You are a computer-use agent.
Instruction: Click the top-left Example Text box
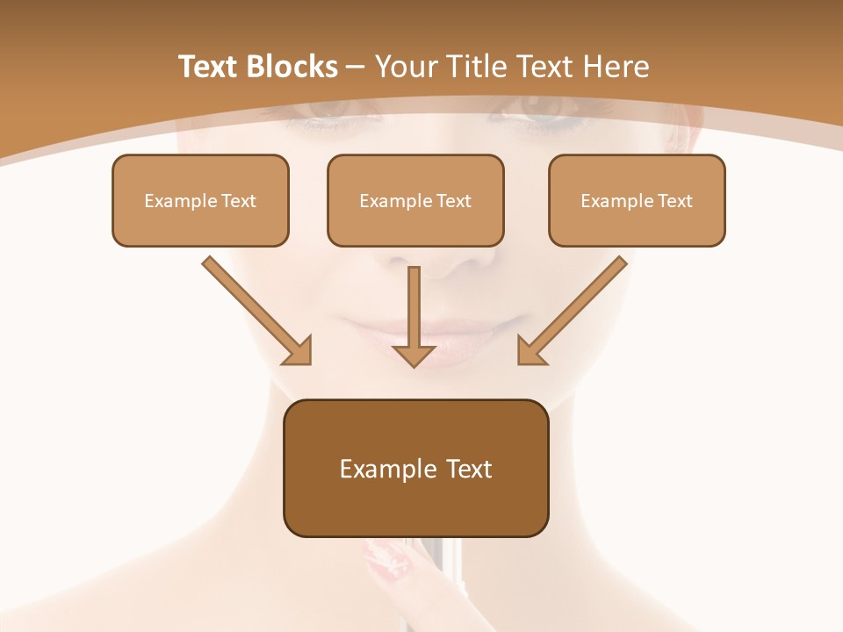click(200, 200)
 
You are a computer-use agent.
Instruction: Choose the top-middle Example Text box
click(415, 200)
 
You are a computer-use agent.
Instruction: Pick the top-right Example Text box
click(637, 200)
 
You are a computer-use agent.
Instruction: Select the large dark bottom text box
click(415, 468)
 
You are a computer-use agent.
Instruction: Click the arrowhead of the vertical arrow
click(414, 355)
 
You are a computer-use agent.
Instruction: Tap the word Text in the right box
click(674, 201)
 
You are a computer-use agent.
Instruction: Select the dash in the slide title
click(356, 68)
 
